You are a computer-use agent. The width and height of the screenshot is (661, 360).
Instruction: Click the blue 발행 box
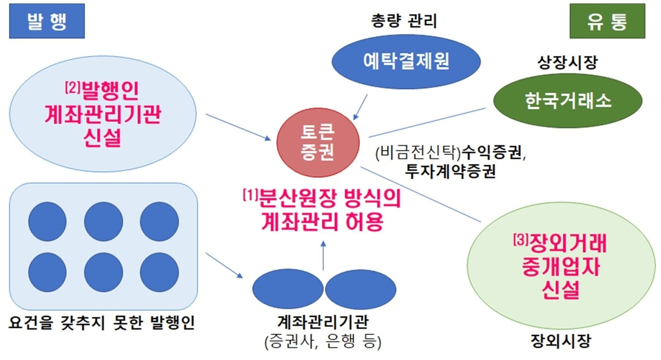coord(46,21)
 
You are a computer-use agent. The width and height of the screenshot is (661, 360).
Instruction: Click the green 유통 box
coord(607,21)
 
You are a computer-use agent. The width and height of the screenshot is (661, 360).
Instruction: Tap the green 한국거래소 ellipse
coord(568,101)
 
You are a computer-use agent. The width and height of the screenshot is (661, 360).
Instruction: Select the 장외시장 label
coord(560,341)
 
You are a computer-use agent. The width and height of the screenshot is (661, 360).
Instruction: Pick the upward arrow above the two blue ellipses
coord(323,255)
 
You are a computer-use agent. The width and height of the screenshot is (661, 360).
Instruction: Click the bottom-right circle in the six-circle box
coord(159,272)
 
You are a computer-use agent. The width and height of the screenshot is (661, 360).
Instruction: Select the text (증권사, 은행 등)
coord(323,341)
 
